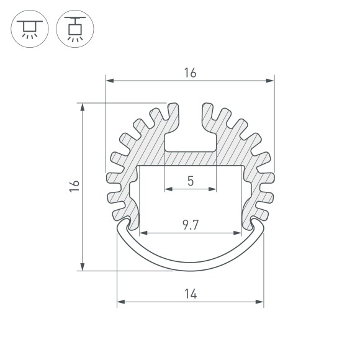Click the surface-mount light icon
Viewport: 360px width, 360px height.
point(29,29)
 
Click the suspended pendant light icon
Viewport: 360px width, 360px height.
point(74,29)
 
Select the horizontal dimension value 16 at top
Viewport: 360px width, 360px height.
point(190,73)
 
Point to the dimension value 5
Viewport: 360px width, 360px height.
point(190,181)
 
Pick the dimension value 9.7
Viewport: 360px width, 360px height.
point(190,225)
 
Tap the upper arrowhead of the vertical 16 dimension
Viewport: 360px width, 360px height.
point(83,106)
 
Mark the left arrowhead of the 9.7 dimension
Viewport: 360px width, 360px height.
point(142,234)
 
